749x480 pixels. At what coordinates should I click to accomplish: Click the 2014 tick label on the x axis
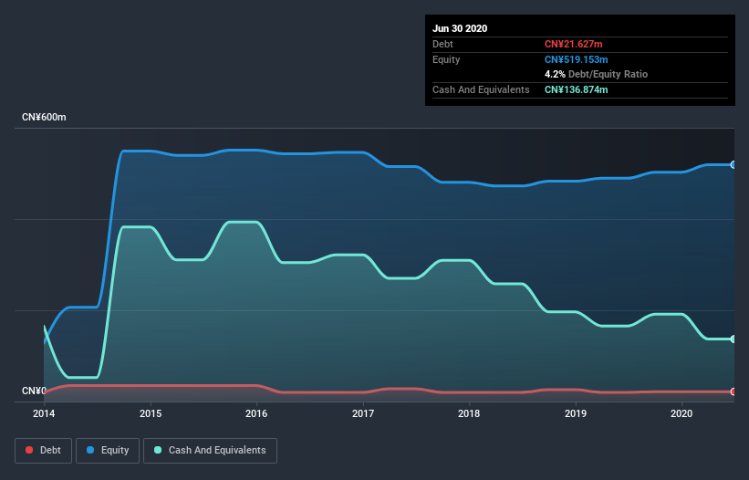[x=44, y=413]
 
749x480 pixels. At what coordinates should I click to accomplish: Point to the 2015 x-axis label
[x=151, y=413]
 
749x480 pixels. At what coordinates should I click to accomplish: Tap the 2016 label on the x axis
[x=256, y=413]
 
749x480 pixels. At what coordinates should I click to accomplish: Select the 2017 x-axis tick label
[x=363, y=413]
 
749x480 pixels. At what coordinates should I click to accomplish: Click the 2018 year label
[x=469, y=413]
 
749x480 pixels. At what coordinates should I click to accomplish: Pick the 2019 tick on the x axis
[x=576, y=413]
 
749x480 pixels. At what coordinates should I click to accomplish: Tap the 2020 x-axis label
[x=681, y=413]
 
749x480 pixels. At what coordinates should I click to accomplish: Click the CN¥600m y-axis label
[x=45, y=118]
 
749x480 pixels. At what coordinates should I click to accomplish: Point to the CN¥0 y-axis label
[x=34, y=391]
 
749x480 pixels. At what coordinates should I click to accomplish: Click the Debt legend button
[x=43, y=450]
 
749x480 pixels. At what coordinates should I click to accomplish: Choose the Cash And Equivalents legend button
[x=210, y=450]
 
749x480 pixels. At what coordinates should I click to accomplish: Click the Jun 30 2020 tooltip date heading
[x=460, y=28]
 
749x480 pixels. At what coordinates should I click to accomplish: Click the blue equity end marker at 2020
[x=733, y=164]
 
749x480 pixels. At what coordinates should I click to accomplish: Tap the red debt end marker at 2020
[x=733, y=391]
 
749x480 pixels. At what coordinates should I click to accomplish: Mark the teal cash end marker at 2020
[x=733, y=339]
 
